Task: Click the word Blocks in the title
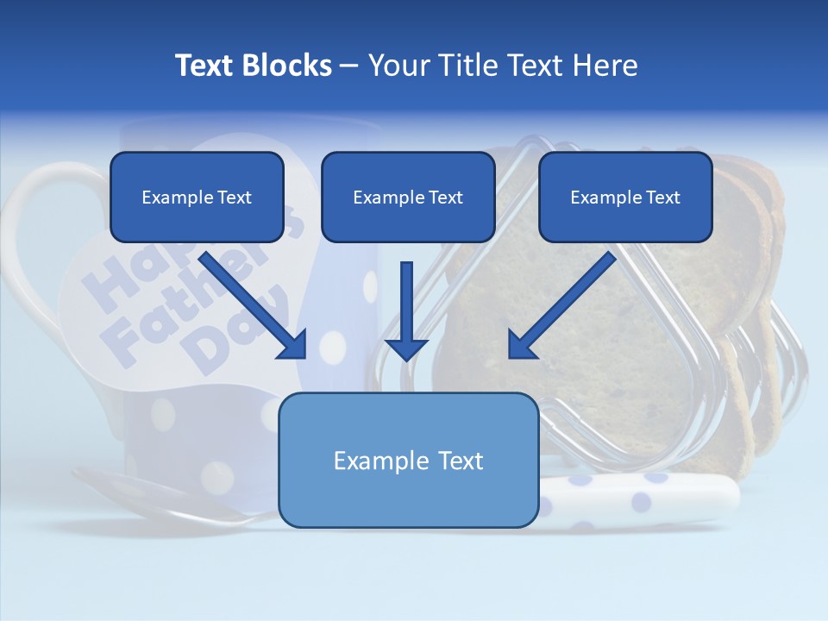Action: (x=289, y=66)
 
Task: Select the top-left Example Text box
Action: (x=197, y=198)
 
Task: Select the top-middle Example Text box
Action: (x=408, y=198)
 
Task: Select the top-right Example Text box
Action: (x=625, y=198)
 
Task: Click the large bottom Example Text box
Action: (x=408, y=461)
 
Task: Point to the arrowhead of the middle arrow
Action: (x=406, y=349)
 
